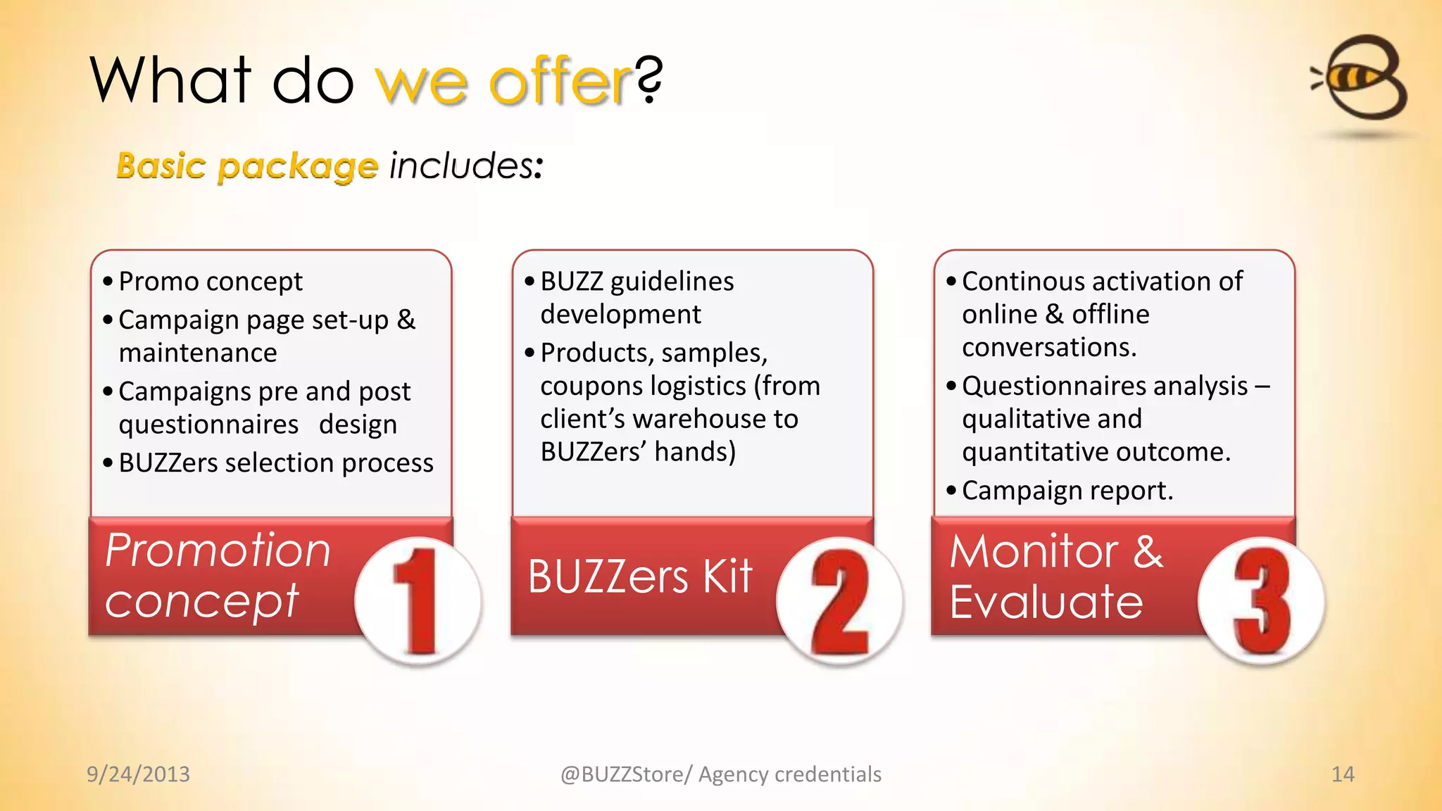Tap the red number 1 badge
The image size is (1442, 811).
tap(418, 601)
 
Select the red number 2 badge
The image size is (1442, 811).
tap(839, 601)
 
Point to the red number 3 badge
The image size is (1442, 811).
tap(1261, 601)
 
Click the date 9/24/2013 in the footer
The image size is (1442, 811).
tap(138, 774)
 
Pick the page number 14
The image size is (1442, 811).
tap(1343, 774)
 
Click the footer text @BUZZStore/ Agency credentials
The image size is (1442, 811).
tap(720, 774)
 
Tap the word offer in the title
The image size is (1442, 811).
tap(560, 82)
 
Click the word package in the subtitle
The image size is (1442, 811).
tap(298, 168)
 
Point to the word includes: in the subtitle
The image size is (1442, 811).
tap(466, 166)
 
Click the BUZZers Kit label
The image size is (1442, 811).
tap(640, 577)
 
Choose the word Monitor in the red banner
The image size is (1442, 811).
tap(1034, 551)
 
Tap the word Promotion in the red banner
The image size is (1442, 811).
tap(218, 551)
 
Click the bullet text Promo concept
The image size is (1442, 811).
tap(211, 282)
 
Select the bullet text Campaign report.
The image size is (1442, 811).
tap(1067, 491)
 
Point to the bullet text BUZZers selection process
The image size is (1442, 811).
tap(276, 463)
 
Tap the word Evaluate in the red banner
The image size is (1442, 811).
tap(1046, 602)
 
